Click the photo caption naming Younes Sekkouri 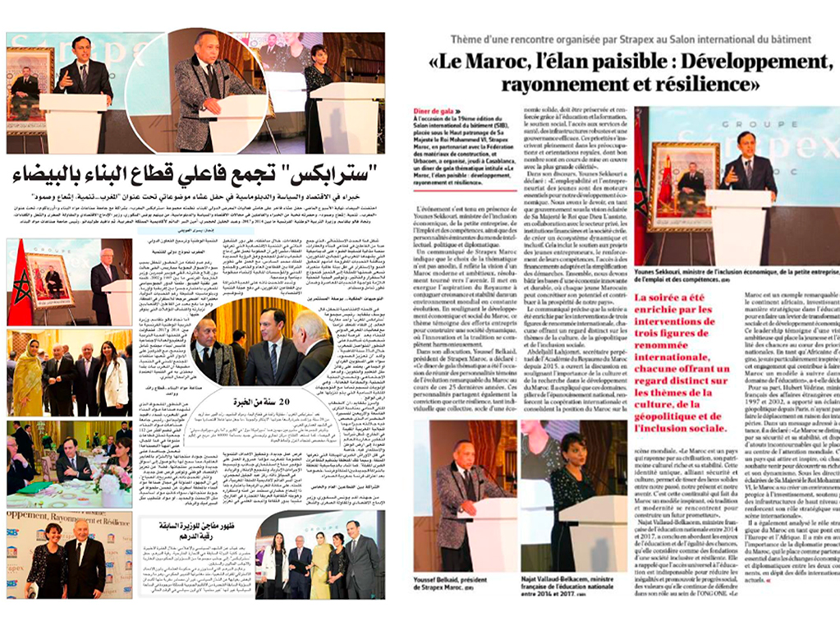point(735,275)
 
